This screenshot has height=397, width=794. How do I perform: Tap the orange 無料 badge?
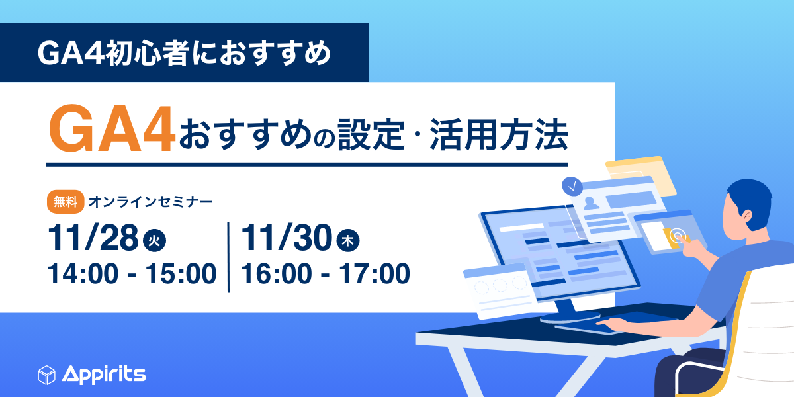point(65,201)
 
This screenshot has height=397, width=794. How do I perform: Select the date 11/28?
point(92,239)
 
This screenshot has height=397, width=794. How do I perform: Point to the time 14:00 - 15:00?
point(132,273)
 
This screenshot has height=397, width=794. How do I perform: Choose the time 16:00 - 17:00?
point(325,273)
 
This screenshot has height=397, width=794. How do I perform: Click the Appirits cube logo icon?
point(46,375)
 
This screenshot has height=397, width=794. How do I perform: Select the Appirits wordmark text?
point(104,375)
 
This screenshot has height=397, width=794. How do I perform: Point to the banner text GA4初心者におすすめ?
point(184,53)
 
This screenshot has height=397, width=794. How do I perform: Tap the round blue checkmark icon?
point(571,187)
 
